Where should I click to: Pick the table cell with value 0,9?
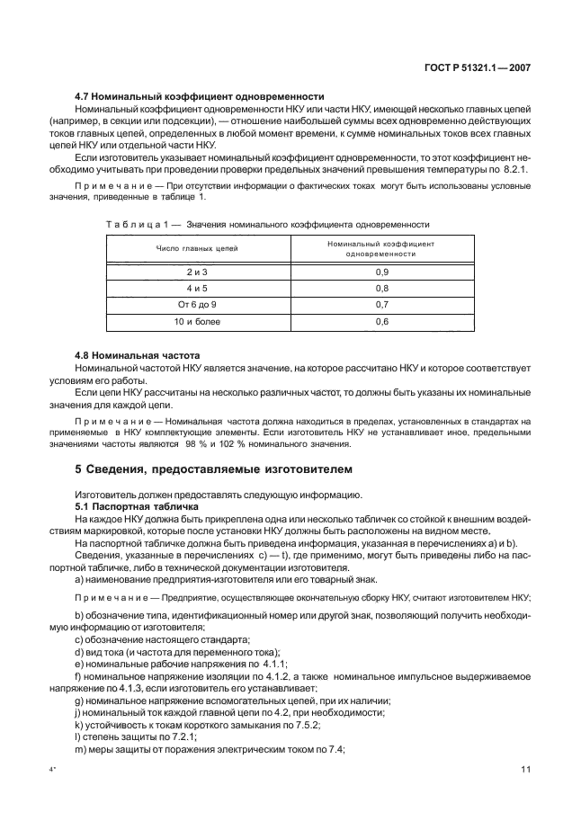click(x=381, y=271)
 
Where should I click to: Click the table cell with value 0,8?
click(x=381, y=288)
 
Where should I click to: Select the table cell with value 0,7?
click(x=381, y=304)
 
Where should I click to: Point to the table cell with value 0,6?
click(x=381, y=321)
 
